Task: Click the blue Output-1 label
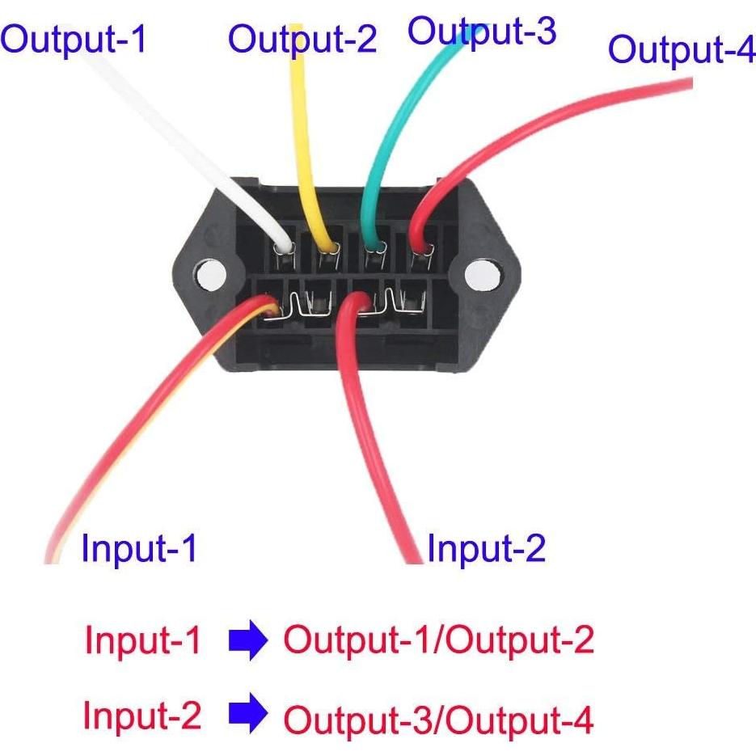pyautogui.click(x=74, y=38)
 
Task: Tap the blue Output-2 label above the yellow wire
pyautogui.click(x=302, y=39)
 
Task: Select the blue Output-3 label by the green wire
pyautogui.click(x=482, y=31)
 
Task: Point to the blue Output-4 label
pyautogui.click(x=681, y=50)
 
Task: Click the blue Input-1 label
pyautogui.click(x=139, y=549)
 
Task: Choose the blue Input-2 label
pyautogui.click(x=486, y=548)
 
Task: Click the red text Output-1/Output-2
pyautogui.click(x=438, y=641)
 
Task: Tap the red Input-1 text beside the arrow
pyautogui.click(x=142, y=641)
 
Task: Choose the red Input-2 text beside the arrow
pyautogui.click(x=141, y=716)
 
